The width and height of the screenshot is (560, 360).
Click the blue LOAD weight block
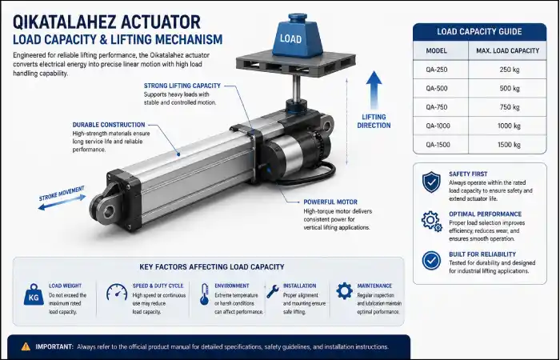click(291, 36)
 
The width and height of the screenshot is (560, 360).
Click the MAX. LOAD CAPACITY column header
click(507, 50)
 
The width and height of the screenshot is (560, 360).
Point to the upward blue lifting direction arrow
click(374, 90)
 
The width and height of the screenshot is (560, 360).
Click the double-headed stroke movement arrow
click(62, 202)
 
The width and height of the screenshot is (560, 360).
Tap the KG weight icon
click(34, 294)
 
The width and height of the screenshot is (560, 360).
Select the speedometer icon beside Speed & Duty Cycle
click(117, 292)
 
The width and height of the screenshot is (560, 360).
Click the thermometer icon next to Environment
click(204, 294)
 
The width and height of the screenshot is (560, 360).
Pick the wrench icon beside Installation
click(273, 291)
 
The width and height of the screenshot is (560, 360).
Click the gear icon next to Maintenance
click(344, 291)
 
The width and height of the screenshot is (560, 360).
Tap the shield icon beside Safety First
click(431, 182)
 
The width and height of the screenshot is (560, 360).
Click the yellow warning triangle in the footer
click(26, 346)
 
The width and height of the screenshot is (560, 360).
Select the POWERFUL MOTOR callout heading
click(330, 202)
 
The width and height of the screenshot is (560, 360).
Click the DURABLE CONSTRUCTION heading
click(109, 125)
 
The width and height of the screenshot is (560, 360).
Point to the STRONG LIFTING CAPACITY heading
click(182, 86)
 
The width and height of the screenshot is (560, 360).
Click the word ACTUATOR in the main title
click(160, 22)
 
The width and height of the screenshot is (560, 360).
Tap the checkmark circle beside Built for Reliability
click(431, 260)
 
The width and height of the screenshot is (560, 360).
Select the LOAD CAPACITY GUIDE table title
click(480, 31)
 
